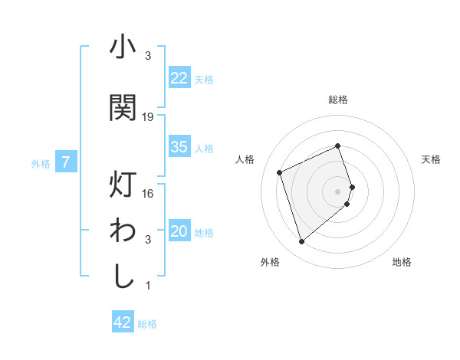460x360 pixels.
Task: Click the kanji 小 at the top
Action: coord(123,48)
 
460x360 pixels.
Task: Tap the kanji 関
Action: coord(123,106)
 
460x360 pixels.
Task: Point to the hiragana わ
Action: coord(123,231)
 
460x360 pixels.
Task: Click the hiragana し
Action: coord(123,276)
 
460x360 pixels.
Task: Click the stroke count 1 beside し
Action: coord(148,286)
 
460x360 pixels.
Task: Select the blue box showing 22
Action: coord(179,77)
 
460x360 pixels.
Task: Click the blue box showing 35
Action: coord(179,147)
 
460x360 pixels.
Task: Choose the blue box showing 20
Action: coord(179,231)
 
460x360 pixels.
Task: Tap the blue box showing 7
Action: coord(67,162)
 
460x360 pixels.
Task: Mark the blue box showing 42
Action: coord(123,322)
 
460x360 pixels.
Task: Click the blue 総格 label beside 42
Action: coord(147,324)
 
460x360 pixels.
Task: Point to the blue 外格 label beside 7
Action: coord(41,163)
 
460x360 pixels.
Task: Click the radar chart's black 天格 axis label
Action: coord(431,159)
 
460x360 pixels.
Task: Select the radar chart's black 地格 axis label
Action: coord(402,263)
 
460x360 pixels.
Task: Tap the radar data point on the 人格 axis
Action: coord(280,172)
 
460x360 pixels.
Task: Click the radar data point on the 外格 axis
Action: coord(301,242)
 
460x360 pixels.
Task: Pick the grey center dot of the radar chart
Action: coord(338,190)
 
